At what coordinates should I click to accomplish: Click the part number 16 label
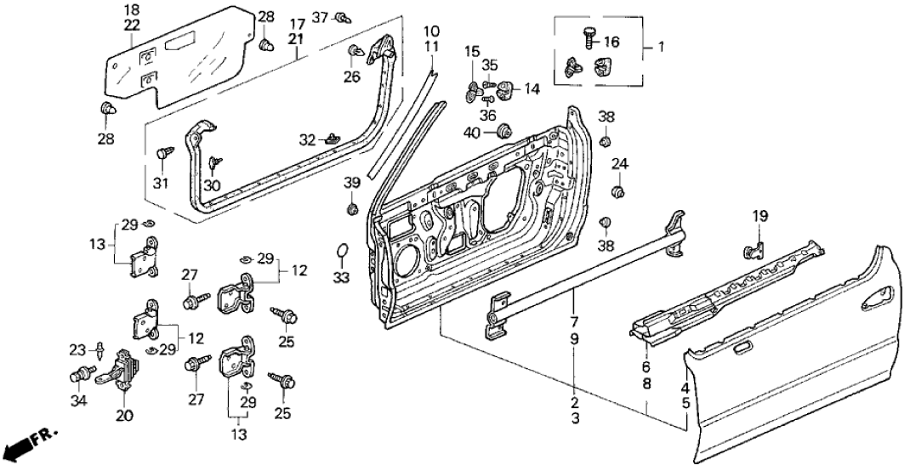point(611,41)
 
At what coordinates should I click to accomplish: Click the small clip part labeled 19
point(754,248)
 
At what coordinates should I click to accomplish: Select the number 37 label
point(320,17)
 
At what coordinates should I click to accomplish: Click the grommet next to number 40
point(502,132)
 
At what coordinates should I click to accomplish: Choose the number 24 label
point(620,164)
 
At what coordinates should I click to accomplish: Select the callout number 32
point(307,139)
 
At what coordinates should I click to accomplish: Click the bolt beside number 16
point(589,37)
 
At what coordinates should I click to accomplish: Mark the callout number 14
point(532,88)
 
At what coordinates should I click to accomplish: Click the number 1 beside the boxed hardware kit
point(660,48)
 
